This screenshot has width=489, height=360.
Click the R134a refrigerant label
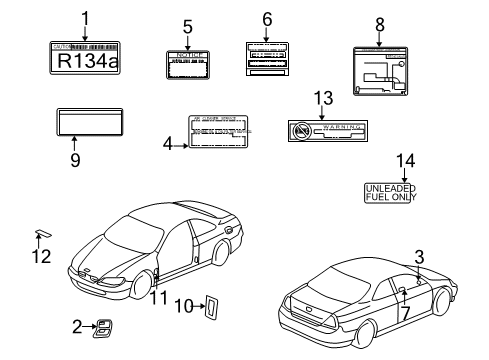(85, 59)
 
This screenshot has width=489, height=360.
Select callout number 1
(85, 16)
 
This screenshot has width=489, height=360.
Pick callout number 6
(267, 18)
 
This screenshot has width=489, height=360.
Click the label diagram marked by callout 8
(379, 71)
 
